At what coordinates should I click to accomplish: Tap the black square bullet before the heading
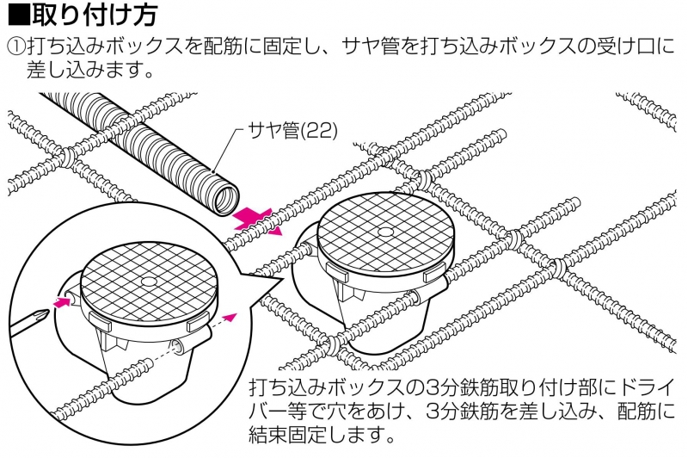pyautogui.click(x=19, y=15)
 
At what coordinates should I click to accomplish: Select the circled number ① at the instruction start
pyautogui.click(x=16, y=46)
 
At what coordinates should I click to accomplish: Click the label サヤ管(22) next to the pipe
pyautogui.click(x=292, y=130)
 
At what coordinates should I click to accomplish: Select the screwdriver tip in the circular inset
pyautogui.click(x=43, y=314)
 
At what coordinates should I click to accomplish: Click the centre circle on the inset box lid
pyautogui.click(x=149, y=282)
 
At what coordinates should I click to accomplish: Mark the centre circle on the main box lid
pyautogui.click(x=384, y=232)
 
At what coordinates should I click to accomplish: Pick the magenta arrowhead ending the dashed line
pyautogui.click(x=230, y=317)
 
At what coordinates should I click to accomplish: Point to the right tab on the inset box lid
pyautogui.click(x=199, y=325)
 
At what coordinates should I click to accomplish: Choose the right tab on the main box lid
pyautogui.click(x=435, y=274)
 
